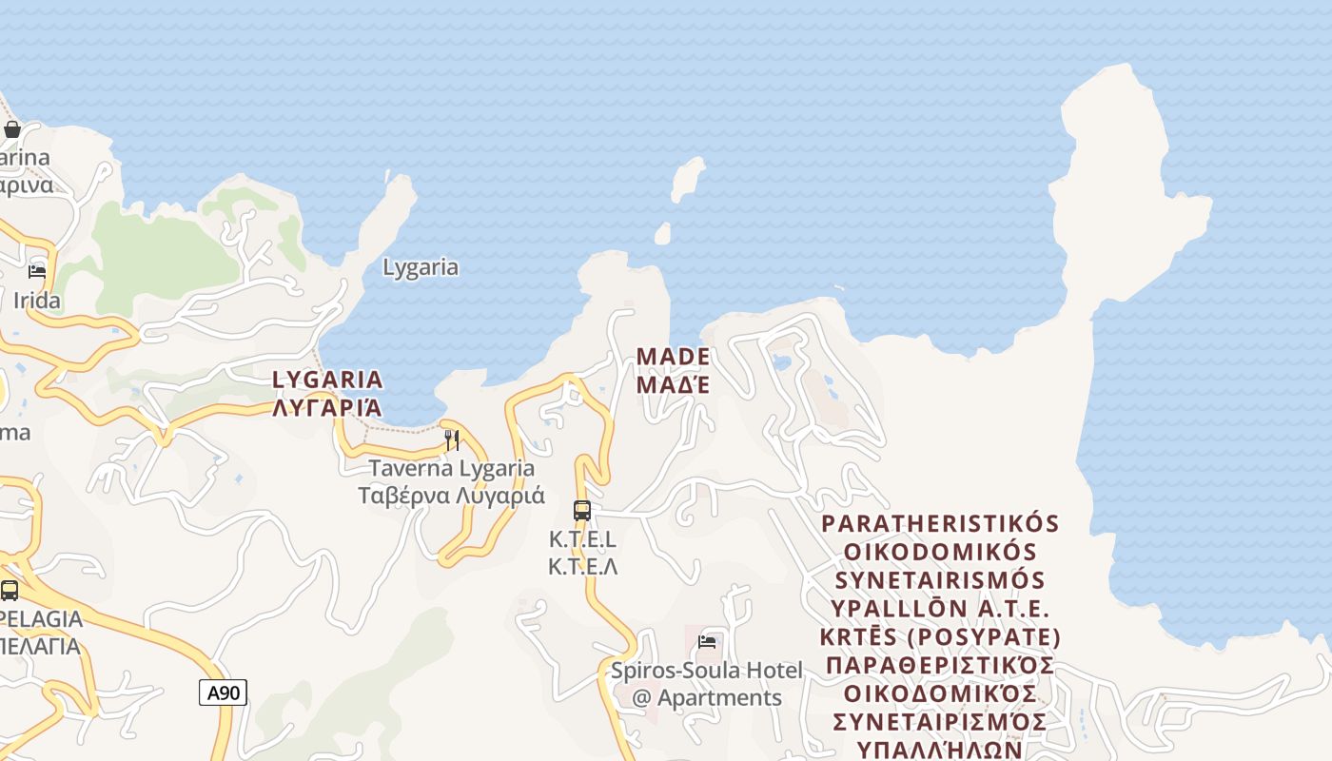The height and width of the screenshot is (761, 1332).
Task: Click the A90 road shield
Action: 224,693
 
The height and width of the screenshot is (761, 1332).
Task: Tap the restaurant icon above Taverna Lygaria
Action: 452,440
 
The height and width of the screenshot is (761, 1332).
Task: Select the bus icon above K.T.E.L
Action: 582,511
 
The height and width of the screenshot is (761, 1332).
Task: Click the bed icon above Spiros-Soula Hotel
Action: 707,641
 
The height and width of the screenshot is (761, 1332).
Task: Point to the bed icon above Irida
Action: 37,272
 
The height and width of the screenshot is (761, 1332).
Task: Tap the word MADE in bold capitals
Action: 673,357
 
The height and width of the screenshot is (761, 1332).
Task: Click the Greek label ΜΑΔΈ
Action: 673,385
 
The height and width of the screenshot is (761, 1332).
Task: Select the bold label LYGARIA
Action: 328,380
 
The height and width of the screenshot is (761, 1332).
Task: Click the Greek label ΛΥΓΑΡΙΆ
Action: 328,408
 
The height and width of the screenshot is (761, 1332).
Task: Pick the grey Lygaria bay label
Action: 421,267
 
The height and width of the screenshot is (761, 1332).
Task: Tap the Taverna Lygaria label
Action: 452,468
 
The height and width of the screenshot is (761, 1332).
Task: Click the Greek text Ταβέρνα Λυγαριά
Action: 452,496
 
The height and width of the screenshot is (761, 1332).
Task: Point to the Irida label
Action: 37,301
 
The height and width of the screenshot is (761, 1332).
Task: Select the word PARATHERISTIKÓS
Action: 940,524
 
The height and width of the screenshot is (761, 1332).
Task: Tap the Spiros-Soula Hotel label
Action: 707,670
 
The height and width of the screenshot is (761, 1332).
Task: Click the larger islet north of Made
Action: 687,179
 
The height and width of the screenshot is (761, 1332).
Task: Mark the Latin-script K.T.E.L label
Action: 582,539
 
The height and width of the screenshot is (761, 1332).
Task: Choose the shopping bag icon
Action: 12,129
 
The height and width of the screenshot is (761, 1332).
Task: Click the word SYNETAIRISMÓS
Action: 940,580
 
